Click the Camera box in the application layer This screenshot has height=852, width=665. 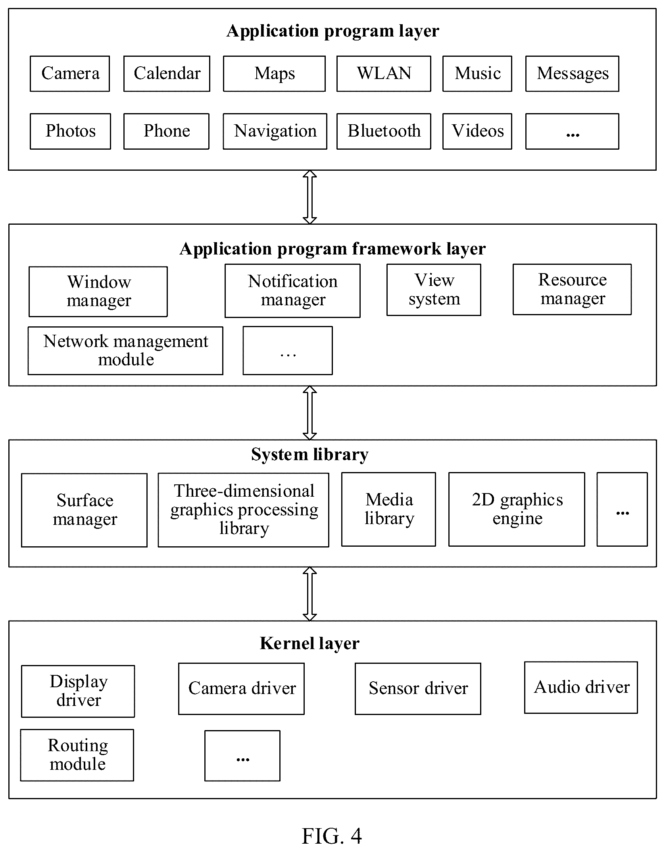[70, 74]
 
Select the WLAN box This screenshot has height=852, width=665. [384, 74]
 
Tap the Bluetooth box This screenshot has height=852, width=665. [384, 131]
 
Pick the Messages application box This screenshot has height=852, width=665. [572, 74]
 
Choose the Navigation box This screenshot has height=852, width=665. [275, 131]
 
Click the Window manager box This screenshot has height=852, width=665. [98, 292]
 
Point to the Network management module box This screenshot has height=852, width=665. [125, 351]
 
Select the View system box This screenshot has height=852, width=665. [434, 290]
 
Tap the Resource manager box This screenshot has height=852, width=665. [572, 289]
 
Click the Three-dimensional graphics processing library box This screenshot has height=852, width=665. [243, 510]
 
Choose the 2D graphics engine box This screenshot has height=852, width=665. [517, 509]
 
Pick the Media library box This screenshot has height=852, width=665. [388, 509]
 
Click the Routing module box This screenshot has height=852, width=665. [77, 755]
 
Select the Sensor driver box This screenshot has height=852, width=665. [418, 689]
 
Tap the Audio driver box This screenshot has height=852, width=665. [581, 688]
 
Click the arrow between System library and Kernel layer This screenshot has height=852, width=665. [309, 594]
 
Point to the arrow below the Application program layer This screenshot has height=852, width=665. [309, 197]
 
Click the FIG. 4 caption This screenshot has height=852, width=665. [332, 836]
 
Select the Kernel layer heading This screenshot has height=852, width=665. [309, 644]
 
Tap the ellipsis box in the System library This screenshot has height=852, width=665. [622, 509]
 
